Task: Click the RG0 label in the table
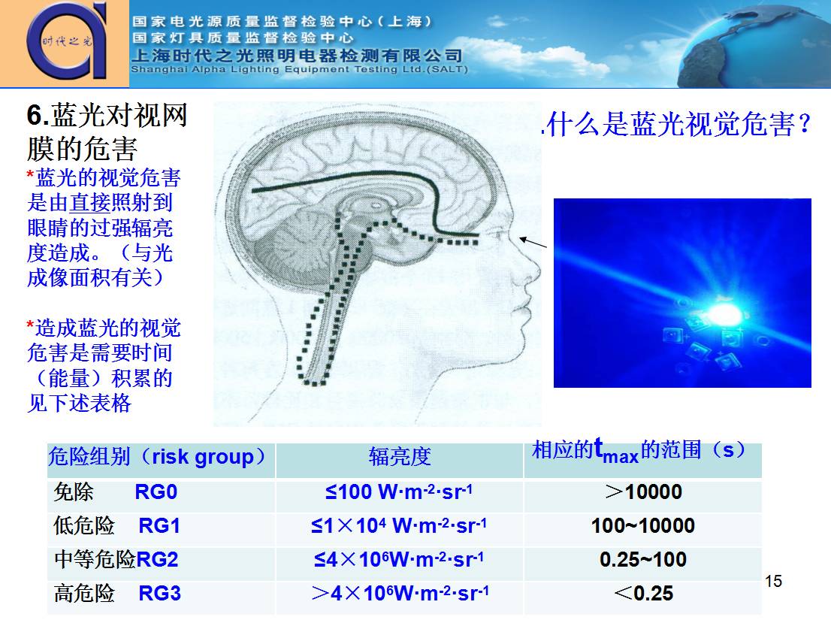pos(156,492)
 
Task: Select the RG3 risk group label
pos(159,594)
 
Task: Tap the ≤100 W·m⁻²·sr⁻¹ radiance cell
pos(399,492)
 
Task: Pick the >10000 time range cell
pos(643,492)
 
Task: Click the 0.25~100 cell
pos(643,560)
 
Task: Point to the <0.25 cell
pos(643,594)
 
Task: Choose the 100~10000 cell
pos(643,526)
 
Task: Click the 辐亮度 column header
pos(399,456)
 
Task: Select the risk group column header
pos(161,456)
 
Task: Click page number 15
pos(773,581)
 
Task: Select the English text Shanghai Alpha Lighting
pos(299,69)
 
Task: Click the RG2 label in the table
pos(157,560)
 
